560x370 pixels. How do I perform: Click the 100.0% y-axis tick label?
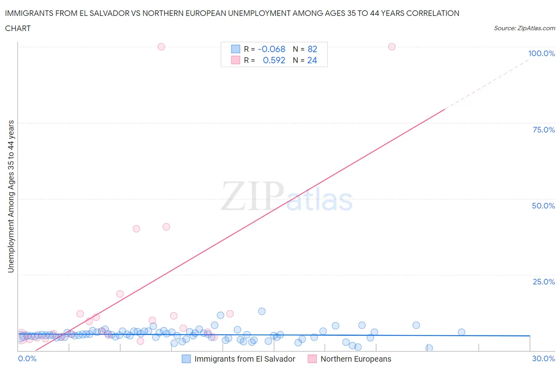pyautogui.click(x=541, y=54)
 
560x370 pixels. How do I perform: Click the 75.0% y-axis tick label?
pyautogui.click(x=544, y=130)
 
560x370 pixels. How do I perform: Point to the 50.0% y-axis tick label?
pyautogui.click(x=543, y=206)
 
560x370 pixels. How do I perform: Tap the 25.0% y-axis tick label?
pyautogui.click(x=544, y=282)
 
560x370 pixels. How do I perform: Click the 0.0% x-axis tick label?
pyautogui.click(x=27, y=358)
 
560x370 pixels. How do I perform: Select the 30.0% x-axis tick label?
pyautogui.click(x=543, y=358)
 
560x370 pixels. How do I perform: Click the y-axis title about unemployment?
pyautogui.click(x=11, y=197)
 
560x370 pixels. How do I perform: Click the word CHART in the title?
pyautogui.click(x=18, y=28)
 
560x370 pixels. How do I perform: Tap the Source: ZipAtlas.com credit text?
pyautogui.click(x=524, y=28)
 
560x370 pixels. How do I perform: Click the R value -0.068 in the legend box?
pyautogui.click(x=272, y=49)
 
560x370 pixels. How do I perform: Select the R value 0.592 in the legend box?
pyautogui.click(x=274, y=60)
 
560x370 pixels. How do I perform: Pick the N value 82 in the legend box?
pyautogui.click(x=312, y=49)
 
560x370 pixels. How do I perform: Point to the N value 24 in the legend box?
pyautogui.click(x=312, y=60)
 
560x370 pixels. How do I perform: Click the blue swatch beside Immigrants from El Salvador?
pyautogui.click(x=186, y=359)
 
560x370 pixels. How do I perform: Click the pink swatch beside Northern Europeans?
pyautogui.click(x=312, y=359)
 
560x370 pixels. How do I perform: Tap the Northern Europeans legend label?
pyautogui.click(x=356, y=359)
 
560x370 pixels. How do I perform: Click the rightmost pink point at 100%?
pyautogui.click(x=392, y=47)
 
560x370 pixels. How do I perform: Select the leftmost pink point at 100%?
pyautogui.click(x=161, y=47)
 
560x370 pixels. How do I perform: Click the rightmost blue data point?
pyautogui.click(x=461, y=332)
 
